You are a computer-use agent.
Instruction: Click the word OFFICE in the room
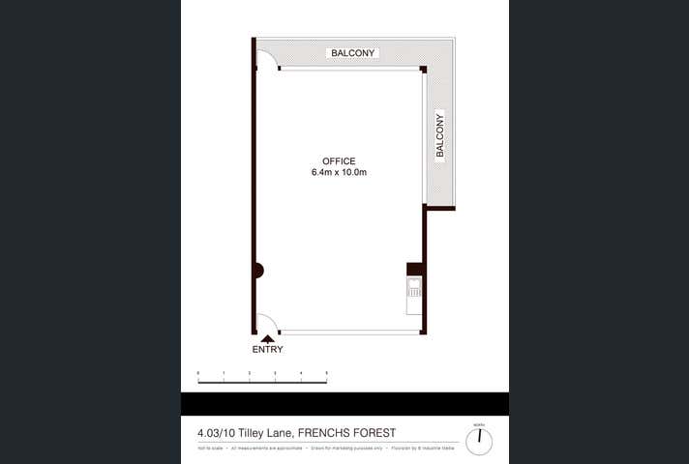339,161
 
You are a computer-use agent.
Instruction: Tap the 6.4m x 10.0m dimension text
339,173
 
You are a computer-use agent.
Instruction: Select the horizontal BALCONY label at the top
352,53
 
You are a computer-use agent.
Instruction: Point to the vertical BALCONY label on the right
439,135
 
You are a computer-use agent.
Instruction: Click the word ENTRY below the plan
267,349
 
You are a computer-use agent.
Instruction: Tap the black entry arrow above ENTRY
267,337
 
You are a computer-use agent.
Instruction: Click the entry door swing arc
268,322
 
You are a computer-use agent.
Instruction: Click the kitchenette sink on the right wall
414,287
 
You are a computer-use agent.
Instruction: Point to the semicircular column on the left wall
258,271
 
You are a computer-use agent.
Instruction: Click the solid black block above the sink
414,269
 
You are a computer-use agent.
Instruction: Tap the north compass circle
478,441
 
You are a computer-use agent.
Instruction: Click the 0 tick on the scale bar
198,373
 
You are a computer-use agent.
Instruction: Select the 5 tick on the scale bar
327,373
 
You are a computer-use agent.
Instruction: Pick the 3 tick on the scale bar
276,373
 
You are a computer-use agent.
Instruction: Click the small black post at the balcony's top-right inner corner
423,70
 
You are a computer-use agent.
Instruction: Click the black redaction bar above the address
344,404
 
